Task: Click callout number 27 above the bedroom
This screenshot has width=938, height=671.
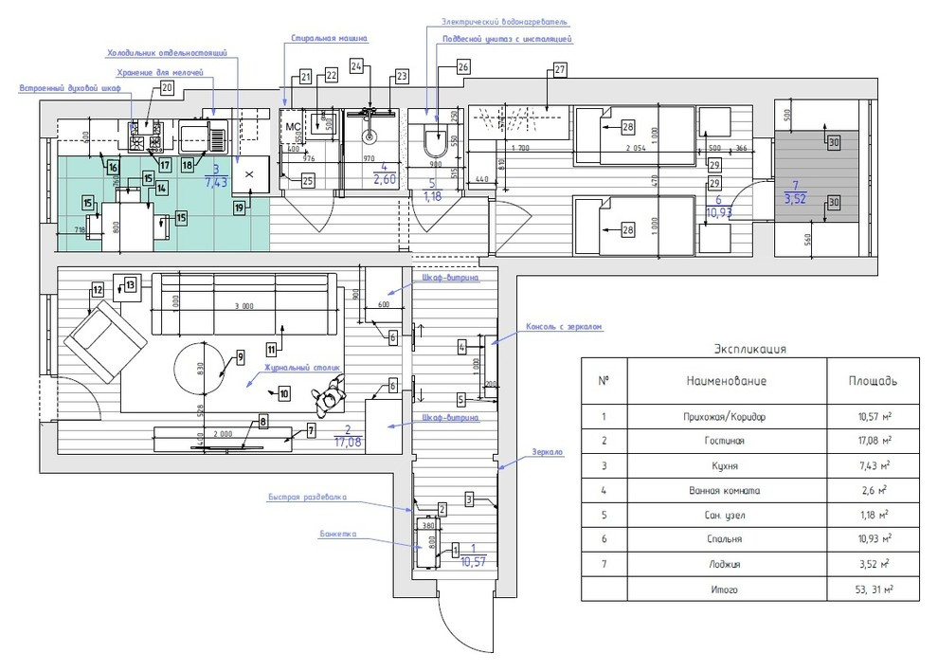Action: click(x=559, y=69)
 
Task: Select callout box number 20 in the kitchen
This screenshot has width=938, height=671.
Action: click(x=168, y=88)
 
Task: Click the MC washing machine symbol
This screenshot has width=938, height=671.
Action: click(x=294, y=125)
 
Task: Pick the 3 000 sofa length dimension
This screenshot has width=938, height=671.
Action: click(x=244, y=306)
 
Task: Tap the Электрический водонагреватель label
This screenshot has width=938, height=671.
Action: click(x=505, y=21)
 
